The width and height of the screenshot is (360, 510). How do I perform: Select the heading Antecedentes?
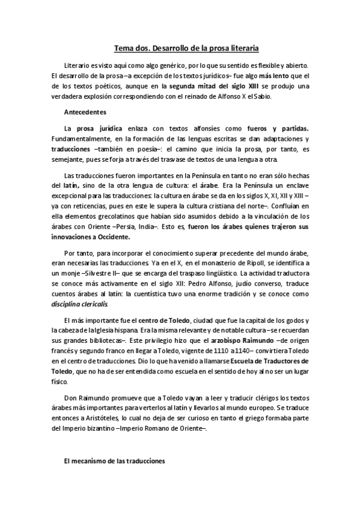point(85,112)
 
